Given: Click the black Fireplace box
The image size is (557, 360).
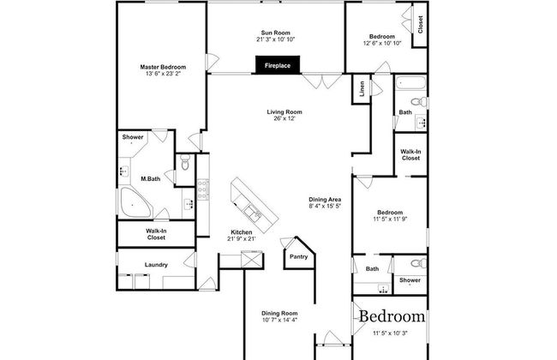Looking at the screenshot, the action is point(278,65).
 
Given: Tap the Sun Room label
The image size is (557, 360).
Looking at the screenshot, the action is point(275,33).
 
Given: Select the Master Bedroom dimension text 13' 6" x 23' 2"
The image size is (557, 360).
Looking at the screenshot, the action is point(163,74).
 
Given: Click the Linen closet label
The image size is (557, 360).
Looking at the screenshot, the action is point(362,89).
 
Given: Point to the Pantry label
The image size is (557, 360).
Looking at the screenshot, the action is point(299,256).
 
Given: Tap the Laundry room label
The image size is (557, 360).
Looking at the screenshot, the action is point(156,265).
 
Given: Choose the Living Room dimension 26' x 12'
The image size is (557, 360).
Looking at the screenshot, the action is point(284,118).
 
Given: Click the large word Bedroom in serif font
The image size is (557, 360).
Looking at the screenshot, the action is point(392,316).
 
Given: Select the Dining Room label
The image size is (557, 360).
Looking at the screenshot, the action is point(279,314).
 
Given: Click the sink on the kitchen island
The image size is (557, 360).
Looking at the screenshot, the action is point(253,213).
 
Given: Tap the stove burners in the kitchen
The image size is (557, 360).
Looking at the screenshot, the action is point(203,189).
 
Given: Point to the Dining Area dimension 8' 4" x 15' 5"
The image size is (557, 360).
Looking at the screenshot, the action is point(325,206).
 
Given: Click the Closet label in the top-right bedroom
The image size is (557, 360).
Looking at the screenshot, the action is point(420,25).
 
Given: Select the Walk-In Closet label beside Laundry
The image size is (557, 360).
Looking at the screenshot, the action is point(156,234).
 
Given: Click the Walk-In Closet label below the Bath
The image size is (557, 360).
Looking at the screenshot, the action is point(410,155).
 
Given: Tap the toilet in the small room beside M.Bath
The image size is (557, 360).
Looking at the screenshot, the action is point(185,162).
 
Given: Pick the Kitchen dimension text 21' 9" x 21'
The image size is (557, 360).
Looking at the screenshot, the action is point(242,239).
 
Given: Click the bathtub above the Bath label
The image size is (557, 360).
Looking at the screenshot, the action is point(410,83).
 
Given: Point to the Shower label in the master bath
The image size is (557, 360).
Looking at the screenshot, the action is point(133,137).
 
